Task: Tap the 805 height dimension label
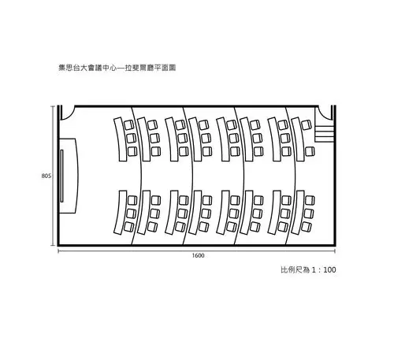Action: coord(46,176)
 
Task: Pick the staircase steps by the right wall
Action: coord(322,131)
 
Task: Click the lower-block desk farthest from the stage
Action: coord(296,213)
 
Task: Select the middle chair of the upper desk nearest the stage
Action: coord(131,137)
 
